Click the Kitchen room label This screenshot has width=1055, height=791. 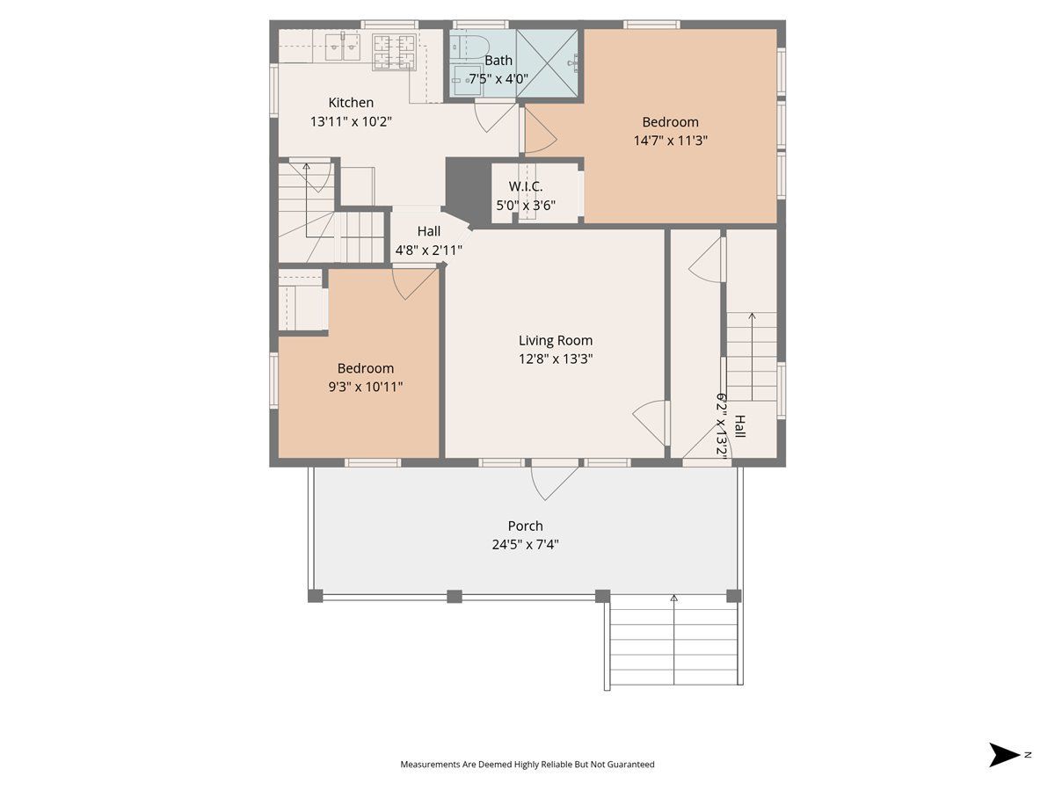(x=351, y=102)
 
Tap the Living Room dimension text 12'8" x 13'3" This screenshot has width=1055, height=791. (x=556, y=359)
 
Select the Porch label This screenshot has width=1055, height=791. (x=526, y=526)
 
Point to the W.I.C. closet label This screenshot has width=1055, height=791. (x=526, y=186)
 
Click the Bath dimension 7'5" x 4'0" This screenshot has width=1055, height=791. (x=498, y=78)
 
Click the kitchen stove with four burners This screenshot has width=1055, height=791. (x=394, y=52)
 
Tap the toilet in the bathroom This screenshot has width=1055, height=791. (x=471, y=47)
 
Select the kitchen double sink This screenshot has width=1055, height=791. (x=342, y=47)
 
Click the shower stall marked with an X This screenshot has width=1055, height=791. (x=547, y=63)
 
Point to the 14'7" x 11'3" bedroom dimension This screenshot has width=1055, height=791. (x=671, y=141)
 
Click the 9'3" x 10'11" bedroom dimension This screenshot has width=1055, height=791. (x=365, y=387)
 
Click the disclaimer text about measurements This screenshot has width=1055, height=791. (x=527, y=764)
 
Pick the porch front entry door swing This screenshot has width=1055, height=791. (x=554, y=483)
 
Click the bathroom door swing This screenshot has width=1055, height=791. (x=495, y=117)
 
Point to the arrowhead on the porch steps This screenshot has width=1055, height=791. (x=673, y=599)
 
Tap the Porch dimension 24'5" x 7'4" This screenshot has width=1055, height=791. (x=526, y=545)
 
